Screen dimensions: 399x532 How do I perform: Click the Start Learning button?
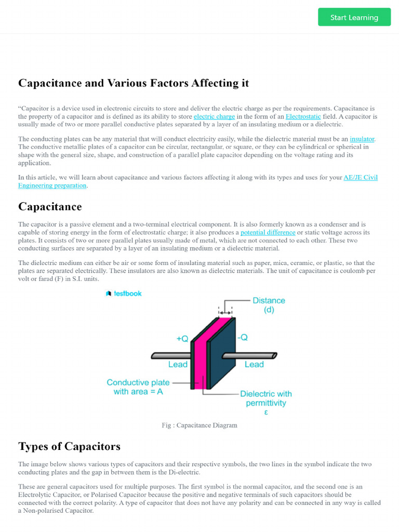(354, 17)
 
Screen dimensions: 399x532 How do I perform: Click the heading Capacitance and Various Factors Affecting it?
(134, 83)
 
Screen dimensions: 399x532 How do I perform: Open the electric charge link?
(214, 117)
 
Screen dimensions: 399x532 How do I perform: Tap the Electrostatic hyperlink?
(303, 117)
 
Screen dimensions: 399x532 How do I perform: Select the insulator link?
(362, 139)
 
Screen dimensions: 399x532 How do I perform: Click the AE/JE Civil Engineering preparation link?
(361, 178)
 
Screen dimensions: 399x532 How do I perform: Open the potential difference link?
(268, 233)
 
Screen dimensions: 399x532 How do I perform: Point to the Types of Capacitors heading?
(69, 446)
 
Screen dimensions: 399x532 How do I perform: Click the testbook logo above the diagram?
(124, 294)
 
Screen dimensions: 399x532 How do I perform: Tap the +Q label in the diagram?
(182, 338)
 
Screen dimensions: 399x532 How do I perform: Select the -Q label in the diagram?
(242, 337)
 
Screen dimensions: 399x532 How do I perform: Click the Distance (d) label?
(269, 305)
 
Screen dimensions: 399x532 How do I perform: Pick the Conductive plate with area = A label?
(138, 387)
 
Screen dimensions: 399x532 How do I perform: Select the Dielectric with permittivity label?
(265, 398)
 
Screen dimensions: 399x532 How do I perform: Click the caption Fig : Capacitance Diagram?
(199, 425)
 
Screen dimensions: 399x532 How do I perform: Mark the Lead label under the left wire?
(178, 365)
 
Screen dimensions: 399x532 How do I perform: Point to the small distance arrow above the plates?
(225, 313)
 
